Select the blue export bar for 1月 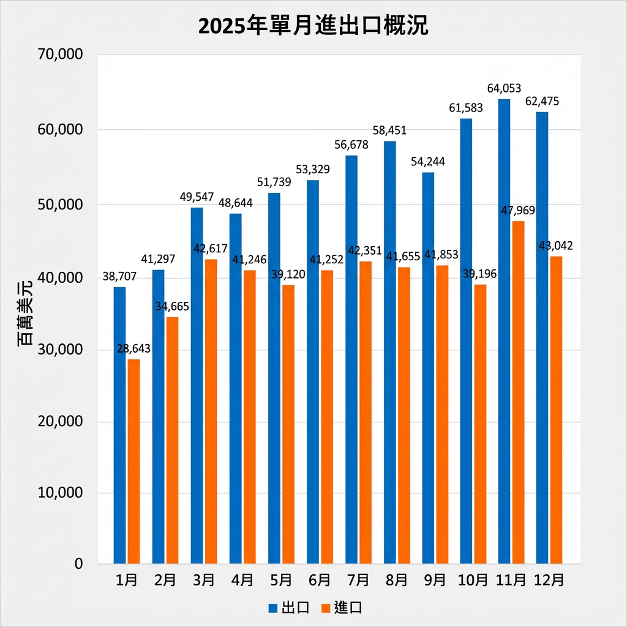pos(119,425)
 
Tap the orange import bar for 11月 pos(518,392)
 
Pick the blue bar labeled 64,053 pos(504,331)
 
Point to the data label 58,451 pos(389,130)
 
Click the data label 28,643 pos(133,348)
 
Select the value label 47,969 pos(518,211)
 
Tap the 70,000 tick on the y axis pos(60,56)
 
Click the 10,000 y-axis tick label pos(60,493)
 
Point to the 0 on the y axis pos(78,564)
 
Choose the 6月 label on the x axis pos(320,580)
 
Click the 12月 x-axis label pos(549,580)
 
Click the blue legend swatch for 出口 pos(274,608)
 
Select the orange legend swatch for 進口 pos(326,608)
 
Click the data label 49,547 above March pos(196,197)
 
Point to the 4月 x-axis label pos(243,580)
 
